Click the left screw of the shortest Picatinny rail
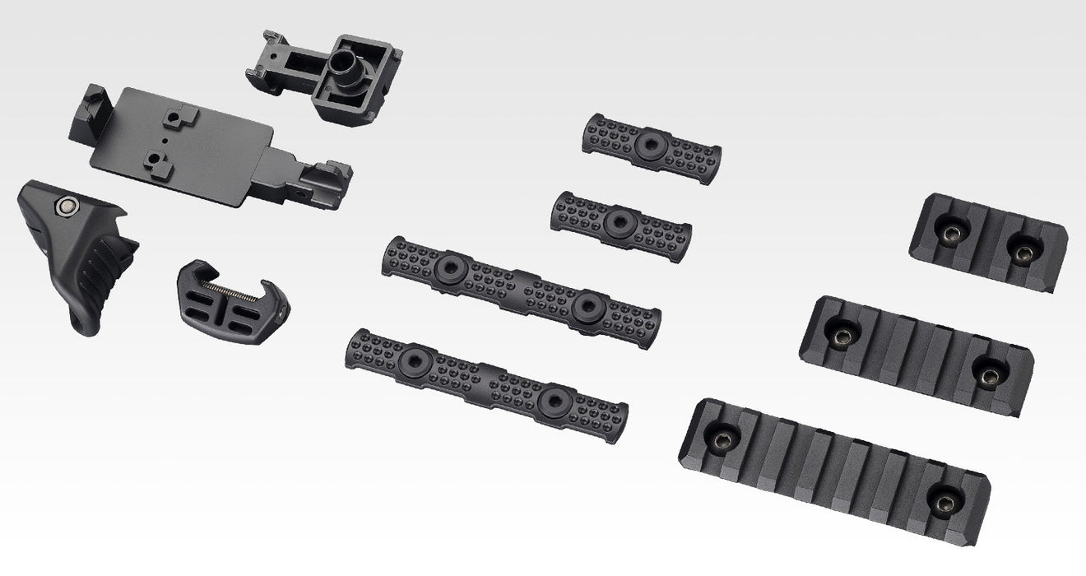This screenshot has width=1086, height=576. click(x=951, y=235)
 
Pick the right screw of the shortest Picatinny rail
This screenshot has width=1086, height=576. click(x=1021, y=253)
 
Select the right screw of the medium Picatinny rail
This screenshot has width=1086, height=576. click(x=986, y=374)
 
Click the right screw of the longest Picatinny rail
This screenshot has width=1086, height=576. click(x=943, y=499)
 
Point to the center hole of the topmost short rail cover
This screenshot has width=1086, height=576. click(x=648, y=146)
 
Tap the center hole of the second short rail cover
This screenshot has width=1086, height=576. click(x=618, y=223)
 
